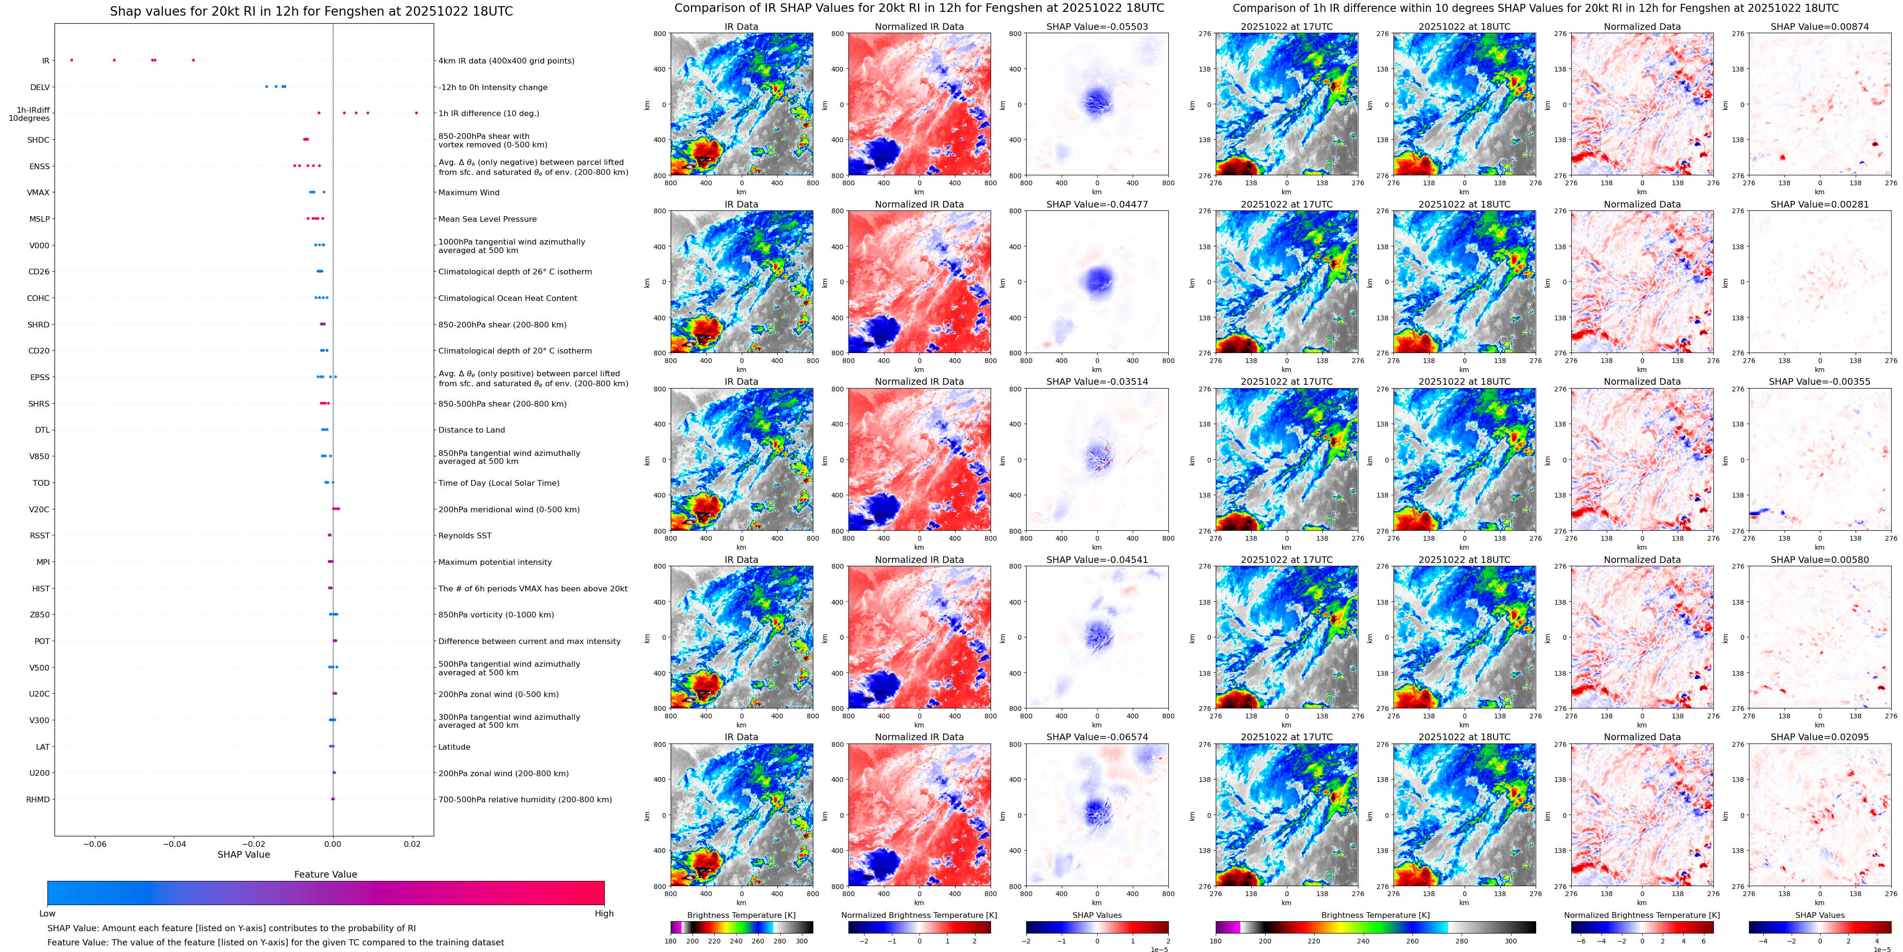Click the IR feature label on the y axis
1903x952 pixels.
(x=46, y=61)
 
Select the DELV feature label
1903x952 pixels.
(x=40, y=87)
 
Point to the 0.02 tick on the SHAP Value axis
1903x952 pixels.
(x=412, y=843)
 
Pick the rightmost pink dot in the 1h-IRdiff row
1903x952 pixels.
(x=417, y=113)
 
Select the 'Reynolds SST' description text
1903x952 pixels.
(x=464, y=535)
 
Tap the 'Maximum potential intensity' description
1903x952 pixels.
(x=495, y=562)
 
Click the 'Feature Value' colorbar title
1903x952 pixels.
(x=325, y=874)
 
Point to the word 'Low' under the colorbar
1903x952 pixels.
(x=47, y=914)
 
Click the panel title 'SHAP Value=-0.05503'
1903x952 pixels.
(x=1097, y=27)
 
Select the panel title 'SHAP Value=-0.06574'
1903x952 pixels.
(x=1097, y=737)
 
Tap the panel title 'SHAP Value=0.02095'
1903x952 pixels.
(x=1820, y=737)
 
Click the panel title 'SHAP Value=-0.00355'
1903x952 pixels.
(x=1820, y=382)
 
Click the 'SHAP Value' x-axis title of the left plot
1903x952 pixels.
(x=244, y=854)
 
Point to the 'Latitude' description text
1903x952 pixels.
(x=455, y=747)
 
